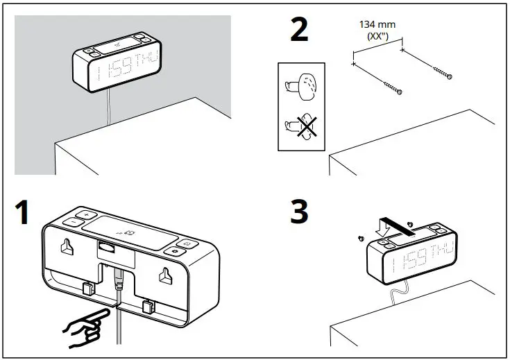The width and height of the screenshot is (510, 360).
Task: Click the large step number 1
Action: coord(23,212)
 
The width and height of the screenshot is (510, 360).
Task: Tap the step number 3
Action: coord(299,212)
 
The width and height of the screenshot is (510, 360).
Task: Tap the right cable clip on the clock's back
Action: coord(148,305)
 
